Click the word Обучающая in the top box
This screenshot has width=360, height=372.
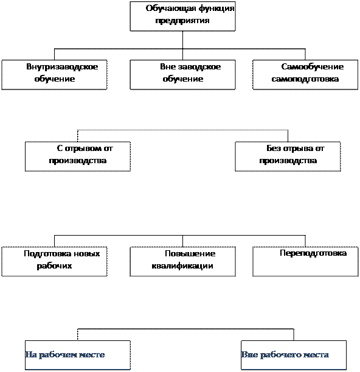(x=171, y=9)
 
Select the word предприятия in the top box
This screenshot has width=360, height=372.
(x=182, y=21)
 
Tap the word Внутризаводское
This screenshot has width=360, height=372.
(x=62, y=66)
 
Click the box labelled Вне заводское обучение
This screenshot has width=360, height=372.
(x=182, y=75)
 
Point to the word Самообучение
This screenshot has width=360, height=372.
(x=313, y=66)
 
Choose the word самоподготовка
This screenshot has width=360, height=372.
(x=305, y=79)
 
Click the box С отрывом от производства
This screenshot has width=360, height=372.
(x=78, y=156)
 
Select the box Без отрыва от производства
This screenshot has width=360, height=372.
(x=288, y=156)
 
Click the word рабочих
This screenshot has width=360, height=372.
(x=54, y=266)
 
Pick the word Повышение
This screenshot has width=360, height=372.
(x=190, y=254)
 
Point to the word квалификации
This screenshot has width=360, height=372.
(x=182, y=266)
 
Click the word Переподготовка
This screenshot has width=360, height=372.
(x=313, y=253)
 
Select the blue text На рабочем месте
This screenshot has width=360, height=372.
(x=65, y=355)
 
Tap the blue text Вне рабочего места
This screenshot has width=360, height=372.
(x=285, y=355)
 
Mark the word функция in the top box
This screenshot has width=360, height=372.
(x=216, y=9)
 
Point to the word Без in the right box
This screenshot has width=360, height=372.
(x=274, y=149)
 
